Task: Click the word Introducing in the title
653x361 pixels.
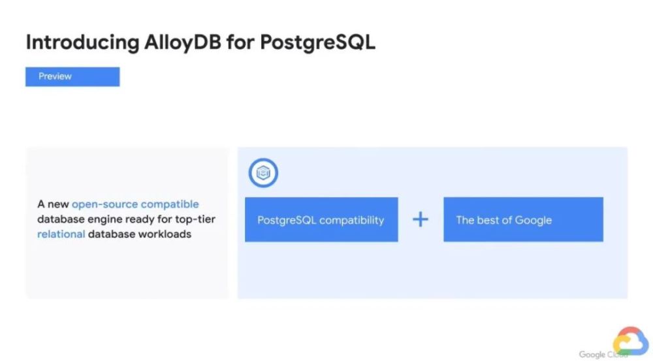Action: click(x=82, y=43)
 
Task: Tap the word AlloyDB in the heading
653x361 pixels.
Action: click(x=183, y=43)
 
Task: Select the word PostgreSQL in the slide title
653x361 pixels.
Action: click(x=318, y=42)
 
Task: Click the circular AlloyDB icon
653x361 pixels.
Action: click(x=263, y=173)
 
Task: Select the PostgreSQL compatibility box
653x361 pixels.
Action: click(x=321, y=219)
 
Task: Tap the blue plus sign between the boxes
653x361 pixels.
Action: click(x=421, y=219)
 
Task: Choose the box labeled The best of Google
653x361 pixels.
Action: click(x=524, y=219)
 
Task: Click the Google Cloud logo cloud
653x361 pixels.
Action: click(x=631, y=341)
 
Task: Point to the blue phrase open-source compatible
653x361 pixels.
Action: click(x=135, y=204)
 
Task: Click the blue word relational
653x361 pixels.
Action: click(x=61, y=234)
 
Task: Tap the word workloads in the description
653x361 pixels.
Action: click(x=165, y=234)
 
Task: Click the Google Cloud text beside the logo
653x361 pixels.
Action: click(x=603, y=354)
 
